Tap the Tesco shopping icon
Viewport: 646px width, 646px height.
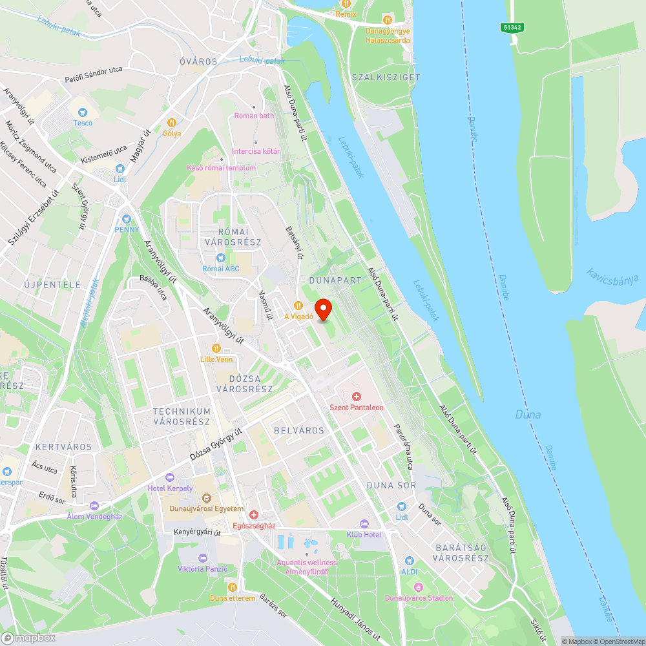82,112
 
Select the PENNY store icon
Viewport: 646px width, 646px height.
127,219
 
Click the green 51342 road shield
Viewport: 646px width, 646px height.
512,27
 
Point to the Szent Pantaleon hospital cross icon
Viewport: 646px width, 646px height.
356,396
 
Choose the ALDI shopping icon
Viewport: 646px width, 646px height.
408,561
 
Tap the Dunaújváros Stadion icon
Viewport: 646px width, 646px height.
419,587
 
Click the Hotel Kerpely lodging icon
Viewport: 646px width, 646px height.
170,477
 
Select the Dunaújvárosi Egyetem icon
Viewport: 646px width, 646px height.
207,498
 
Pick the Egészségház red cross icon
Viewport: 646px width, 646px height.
254,515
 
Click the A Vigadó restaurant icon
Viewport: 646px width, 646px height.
298,306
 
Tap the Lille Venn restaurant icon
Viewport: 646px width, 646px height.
216,348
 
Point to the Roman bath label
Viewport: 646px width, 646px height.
254,116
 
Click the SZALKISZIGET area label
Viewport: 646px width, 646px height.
386,77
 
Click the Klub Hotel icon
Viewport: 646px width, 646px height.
364,524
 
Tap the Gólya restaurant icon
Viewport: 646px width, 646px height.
172,123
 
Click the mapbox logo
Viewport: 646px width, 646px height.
28,638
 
